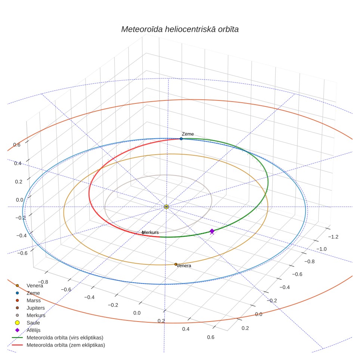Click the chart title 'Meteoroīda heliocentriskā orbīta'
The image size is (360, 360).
(x=180, y=30)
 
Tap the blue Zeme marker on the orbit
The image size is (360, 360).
(x=181, y=139)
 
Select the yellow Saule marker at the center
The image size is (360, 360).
(x=167, y=207)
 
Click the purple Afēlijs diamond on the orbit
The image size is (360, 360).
(x=212, y=231)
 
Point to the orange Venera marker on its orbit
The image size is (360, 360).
(x=176, y=264)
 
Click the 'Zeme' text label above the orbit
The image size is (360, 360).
(x=188, y=134)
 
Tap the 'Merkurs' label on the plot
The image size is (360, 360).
(x=150, y=232)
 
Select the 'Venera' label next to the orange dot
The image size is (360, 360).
(x=184, y=266)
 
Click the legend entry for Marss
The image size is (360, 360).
(x=34, y=301)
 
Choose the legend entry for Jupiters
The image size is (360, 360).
(x=35, y=308)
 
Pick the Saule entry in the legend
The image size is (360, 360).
(x=33, y=323)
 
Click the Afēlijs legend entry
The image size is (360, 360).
(x=34, y=330)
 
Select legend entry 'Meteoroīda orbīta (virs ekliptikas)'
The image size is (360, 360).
(x=65, y=338)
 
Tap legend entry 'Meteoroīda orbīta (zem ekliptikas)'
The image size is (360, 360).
(x=66, y=345)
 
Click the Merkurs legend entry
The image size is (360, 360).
(x=36, y=316)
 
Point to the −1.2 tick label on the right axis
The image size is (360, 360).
(x=333, y=237)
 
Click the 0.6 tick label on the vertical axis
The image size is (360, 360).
(x=17, y=145)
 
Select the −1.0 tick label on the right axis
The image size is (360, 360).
(x=322, y=249)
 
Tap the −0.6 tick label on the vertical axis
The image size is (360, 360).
(x=22, y=253)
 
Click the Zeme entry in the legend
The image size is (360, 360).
(x=33, y=293)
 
